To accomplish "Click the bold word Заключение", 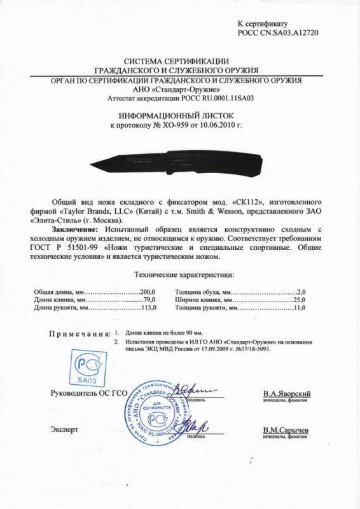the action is (x=69, y=226).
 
